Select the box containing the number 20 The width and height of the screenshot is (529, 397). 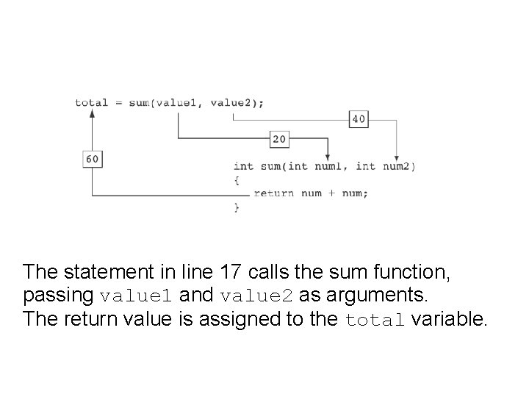(279, 138)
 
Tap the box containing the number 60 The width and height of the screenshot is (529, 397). (93, 158)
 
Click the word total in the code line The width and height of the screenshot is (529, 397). (91, 103)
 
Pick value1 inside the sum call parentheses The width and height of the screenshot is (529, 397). (177, 103)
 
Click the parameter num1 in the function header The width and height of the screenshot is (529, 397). (329, 166)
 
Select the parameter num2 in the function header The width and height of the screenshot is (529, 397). (397, 166)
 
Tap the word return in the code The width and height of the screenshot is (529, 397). (274, 193)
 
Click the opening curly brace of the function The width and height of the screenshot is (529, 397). (237, 179)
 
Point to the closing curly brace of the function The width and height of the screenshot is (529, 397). (237, 208)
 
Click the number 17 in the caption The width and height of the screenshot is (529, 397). (231, 272)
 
